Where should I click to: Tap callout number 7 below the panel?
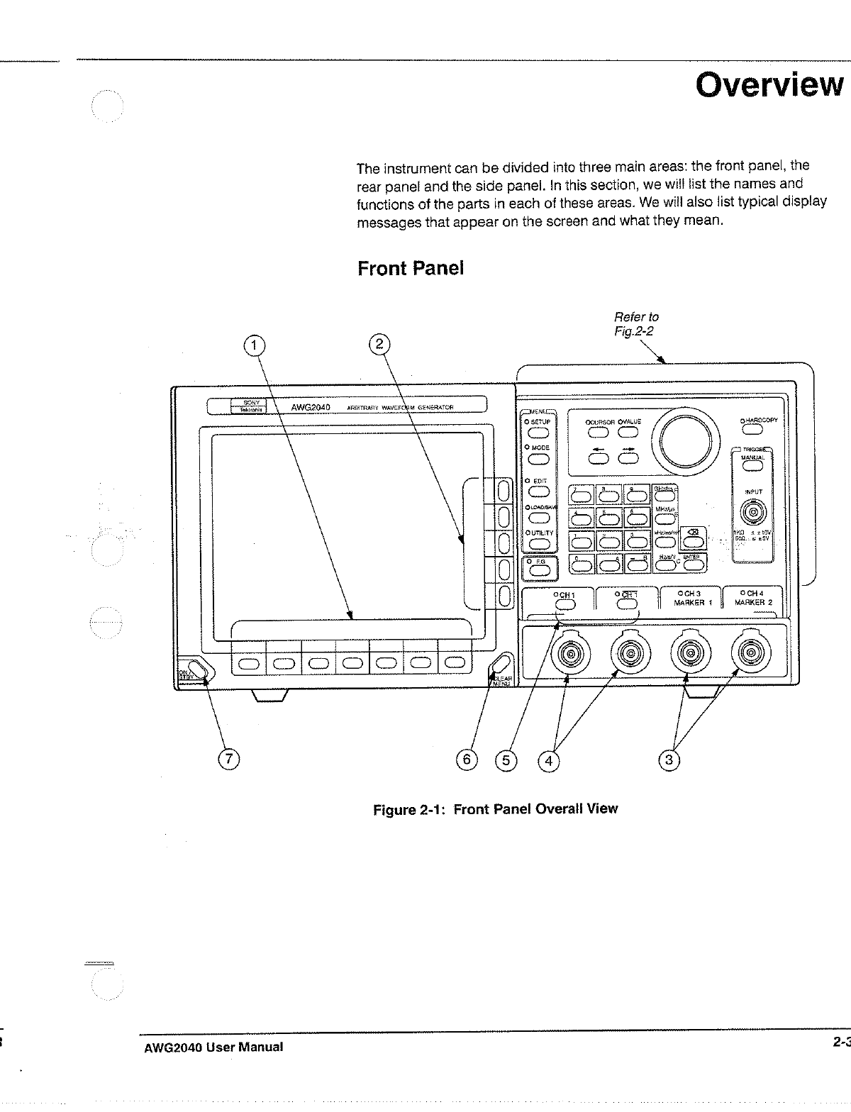pos(228,759)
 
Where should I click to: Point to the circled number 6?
pos(467,760)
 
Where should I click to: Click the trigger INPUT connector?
pos(752,511)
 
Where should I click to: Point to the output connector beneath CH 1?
pos(569,655)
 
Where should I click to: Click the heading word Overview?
pos(769,86)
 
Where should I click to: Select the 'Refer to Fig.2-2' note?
pos(636,324)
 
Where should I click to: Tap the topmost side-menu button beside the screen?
pos(504,490)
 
